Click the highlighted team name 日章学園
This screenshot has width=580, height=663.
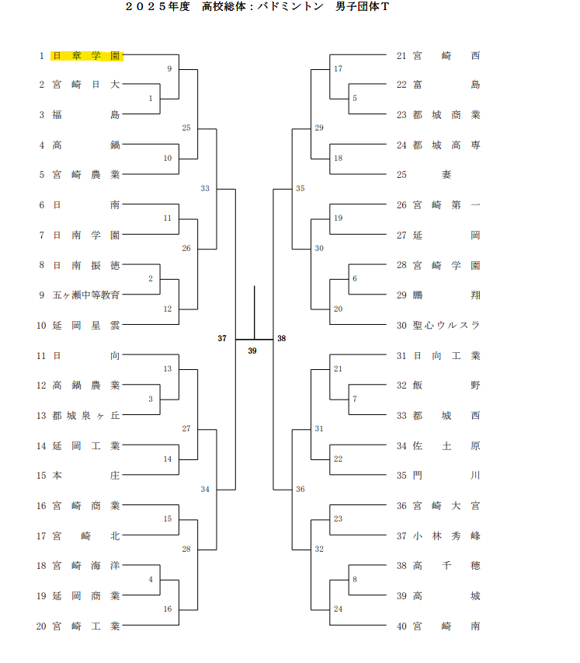(86, 56)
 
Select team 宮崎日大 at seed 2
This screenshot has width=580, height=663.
(86, 85)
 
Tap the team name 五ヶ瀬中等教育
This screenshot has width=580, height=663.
(86, 295)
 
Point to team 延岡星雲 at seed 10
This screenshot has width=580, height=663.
(86, 325)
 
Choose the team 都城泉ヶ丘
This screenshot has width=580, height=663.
(86, 416)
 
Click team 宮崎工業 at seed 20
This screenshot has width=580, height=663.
(86, 626)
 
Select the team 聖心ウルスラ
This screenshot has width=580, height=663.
(446, 325)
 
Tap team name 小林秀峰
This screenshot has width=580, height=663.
(446, 536)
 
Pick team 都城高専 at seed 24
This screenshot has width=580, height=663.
(446, 145)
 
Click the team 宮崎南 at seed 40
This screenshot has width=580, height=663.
(446, 626)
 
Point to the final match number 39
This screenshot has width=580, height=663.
(252, 351)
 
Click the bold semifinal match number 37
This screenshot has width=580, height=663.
(222, 339)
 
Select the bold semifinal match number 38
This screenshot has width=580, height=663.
(282, 339)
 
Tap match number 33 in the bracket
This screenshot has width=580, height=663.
(205, 188)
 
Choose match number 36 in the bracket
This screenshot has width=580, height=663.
(300, 489)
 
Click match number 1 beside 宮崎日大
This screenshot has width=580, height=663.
(151, 99)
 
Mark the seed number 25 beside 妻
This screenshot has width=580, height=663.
(401, 175)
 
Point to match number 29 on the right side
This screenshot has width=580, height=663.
(319, 127)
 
